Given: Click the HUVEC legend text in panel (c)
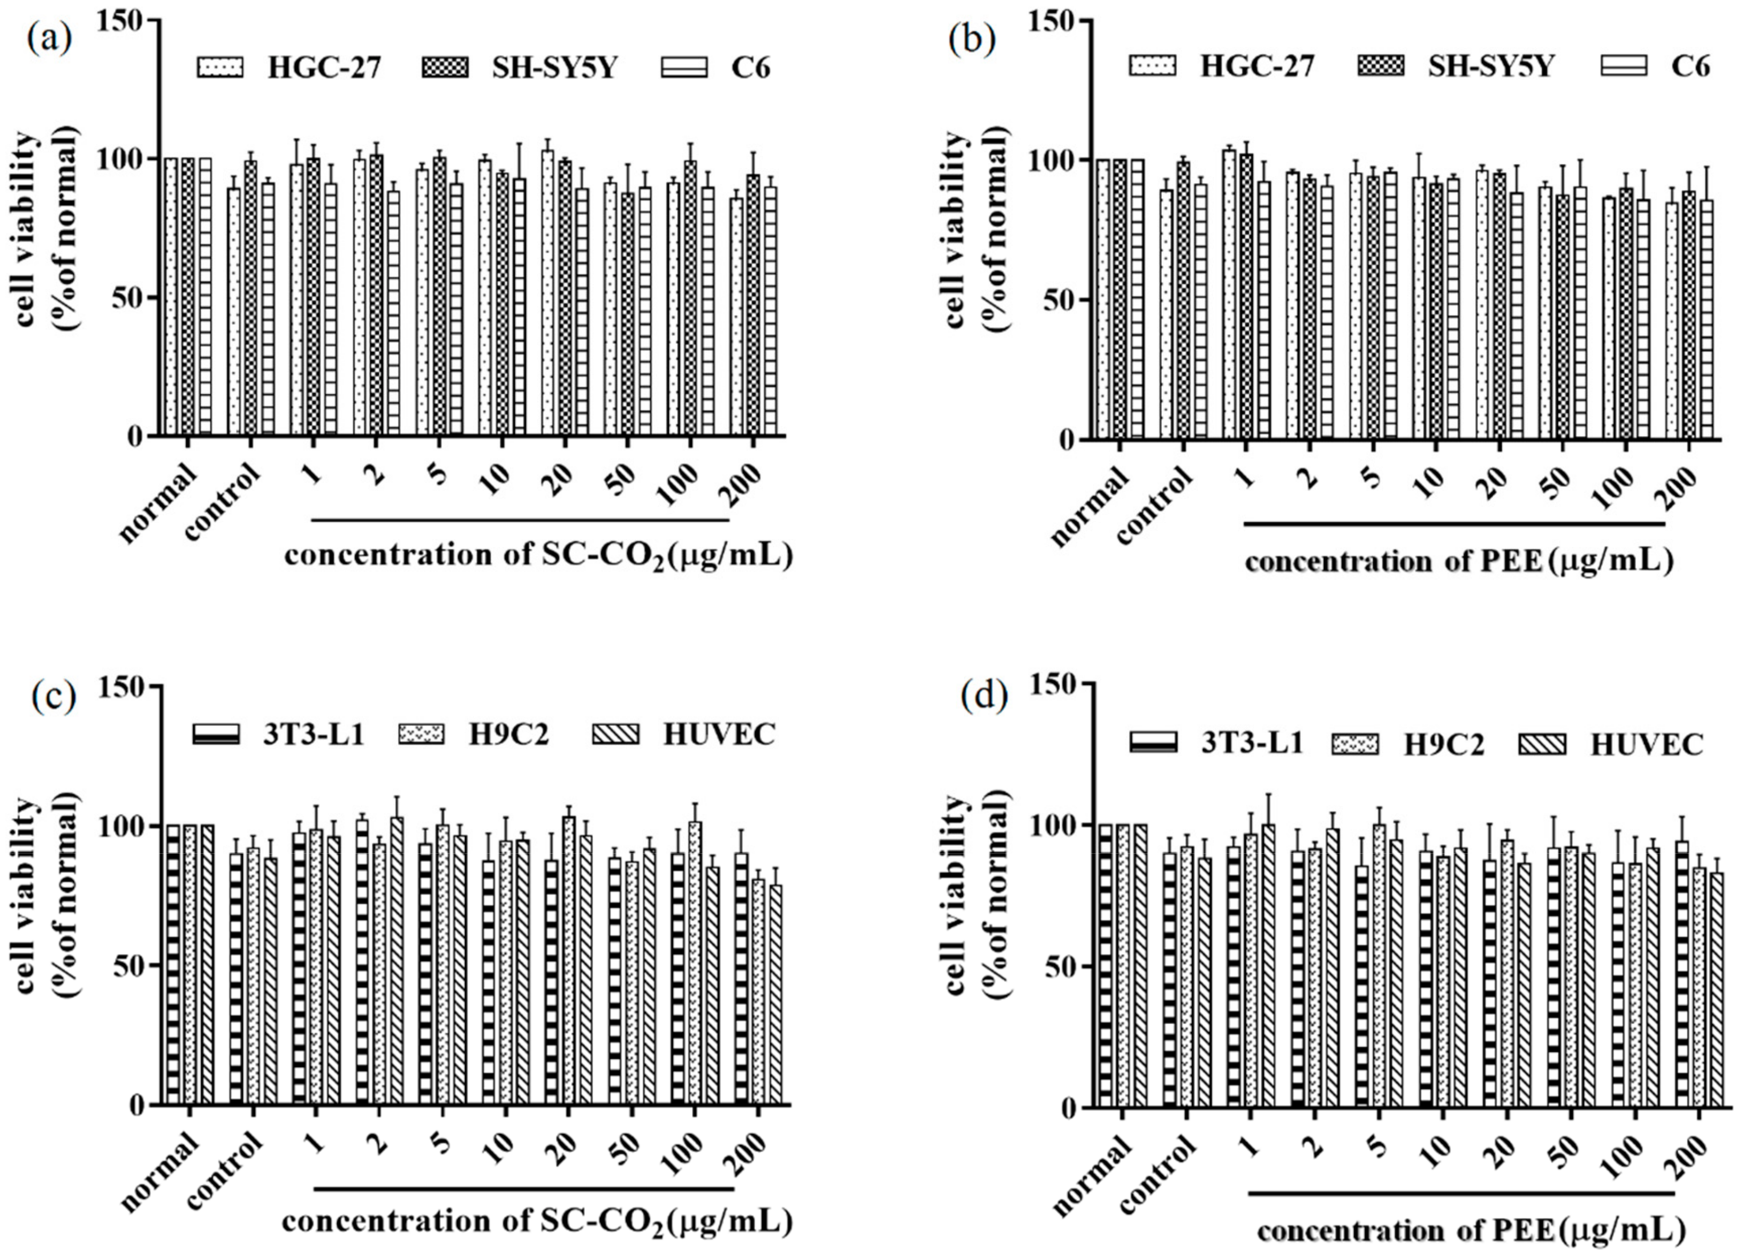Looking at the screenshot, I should click(719, 734).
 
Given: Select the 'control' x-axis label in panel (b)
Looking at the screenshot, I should click(1154, 506).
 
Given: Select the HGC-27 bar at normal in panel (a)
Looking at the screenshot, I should click(171, 297).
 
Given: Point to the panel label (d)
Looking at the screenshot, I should click(983, 698).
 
